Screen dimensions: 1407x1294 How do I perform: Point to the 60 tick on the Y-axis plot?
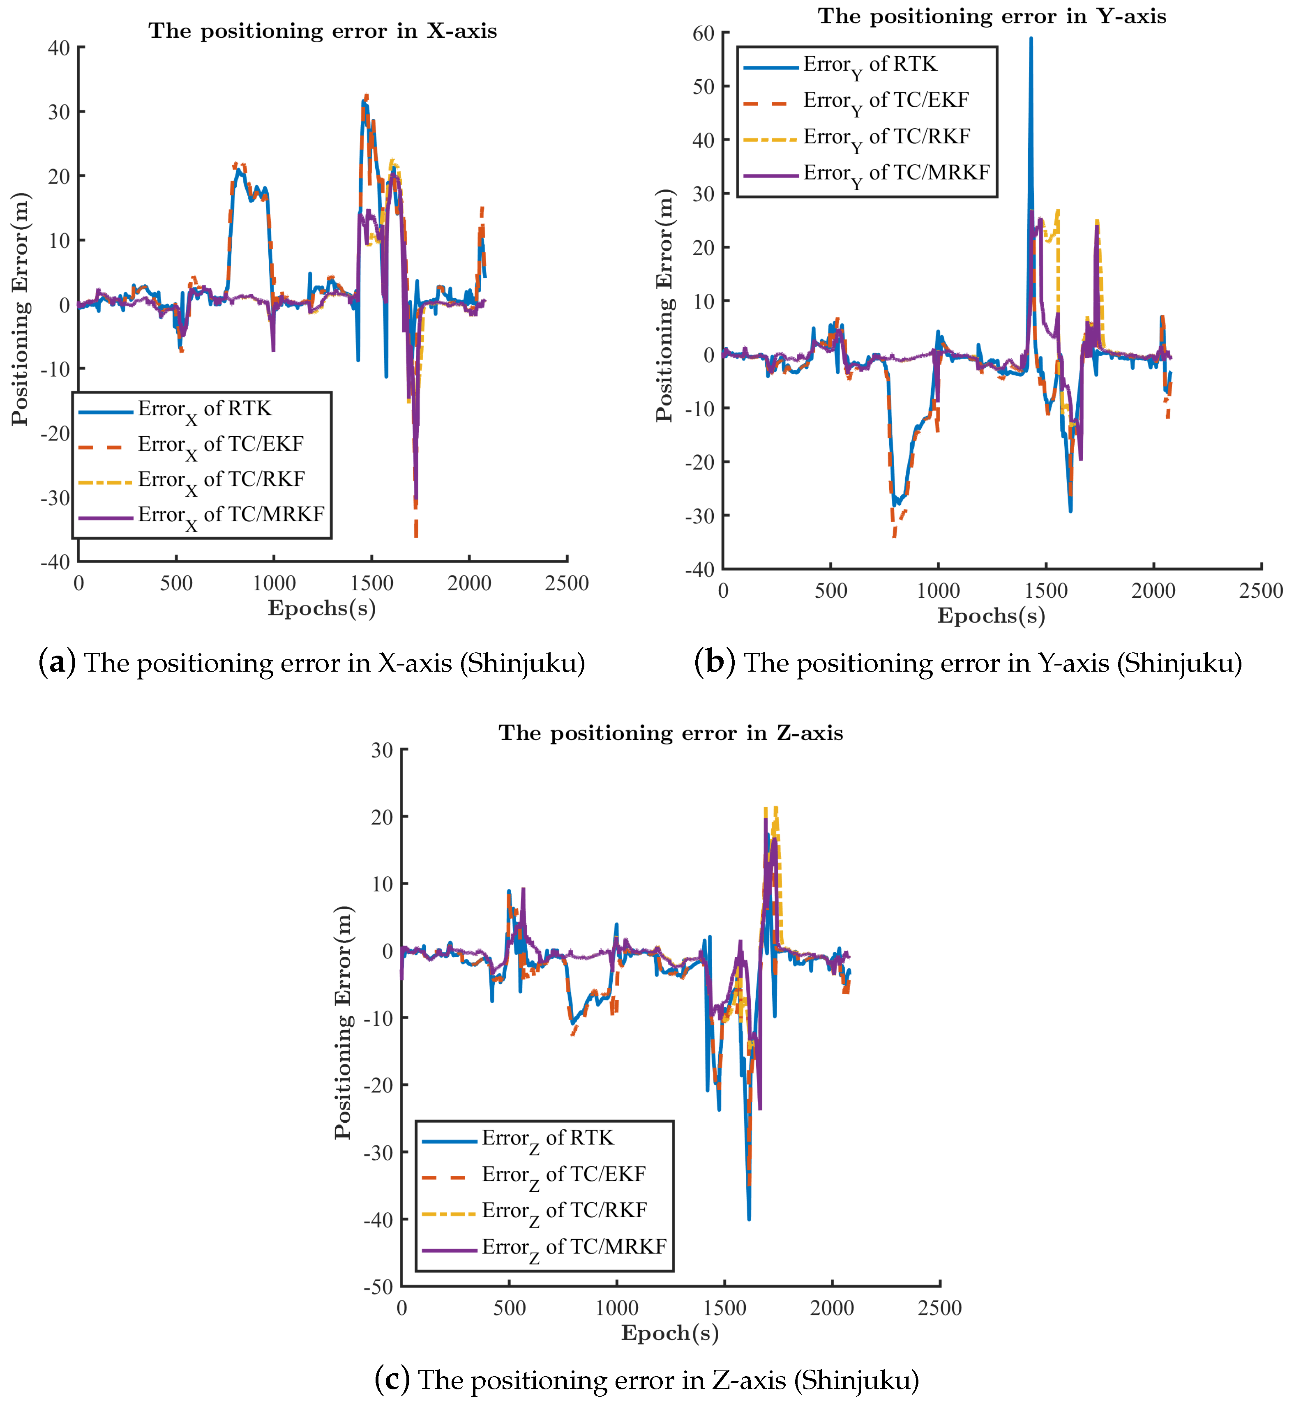click(x=704, y=34)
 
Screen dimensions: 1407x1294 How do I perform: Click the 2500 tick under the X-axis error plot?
click(x=567, y=583)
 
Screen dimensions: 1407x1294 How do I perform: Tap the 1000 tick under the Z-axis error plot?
click(x=617, y=1308)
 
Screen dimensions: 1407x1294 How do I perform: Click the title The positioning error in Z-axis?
click(x=670, y=733)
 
